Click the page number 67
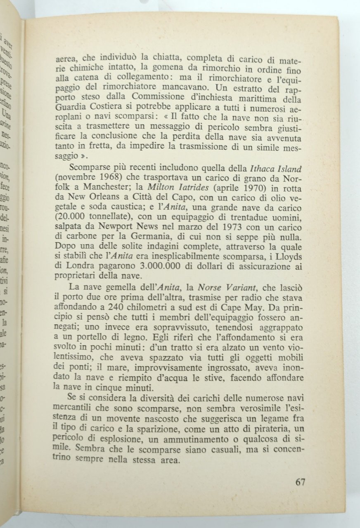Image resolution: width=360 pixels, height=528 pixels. pyautogui.click(x=301, y=482)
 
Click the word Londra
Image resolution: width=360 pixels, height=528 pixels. pyautogui.click(x=86, y=266)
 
